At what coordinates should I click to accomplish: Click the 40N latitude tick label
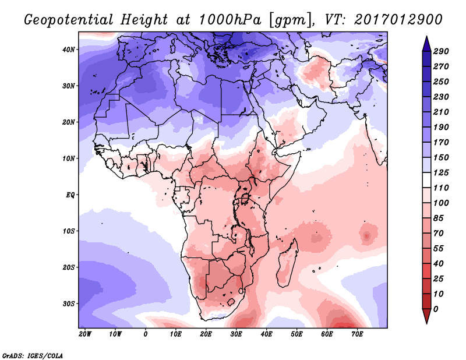click(x=69, y=50)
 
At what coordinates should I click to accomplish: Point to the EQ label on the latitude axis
click(x=70, y=195)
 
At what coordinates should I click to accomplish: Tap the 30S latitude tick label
click(x=69, y=303)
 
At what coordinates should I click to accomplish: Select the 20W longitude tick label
click(x=84, y=335)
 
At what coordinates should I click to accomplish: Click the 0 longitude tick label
click(x=145, y=335)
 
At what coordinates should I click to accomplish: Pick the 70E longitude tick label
click(x=357, y=335)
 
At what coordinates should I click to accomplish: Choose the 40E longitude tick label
click(x=266, y=335)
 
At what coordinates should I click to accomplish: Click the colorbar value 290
click(x=441, y=52)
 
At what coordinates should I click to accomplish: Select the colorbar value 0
click(x=436, y=309)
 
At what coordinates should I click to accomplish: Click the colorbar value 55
click(x=439, y=248)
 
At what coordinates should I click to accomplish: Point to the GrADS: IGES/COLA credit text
click(x=32, y=355)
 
